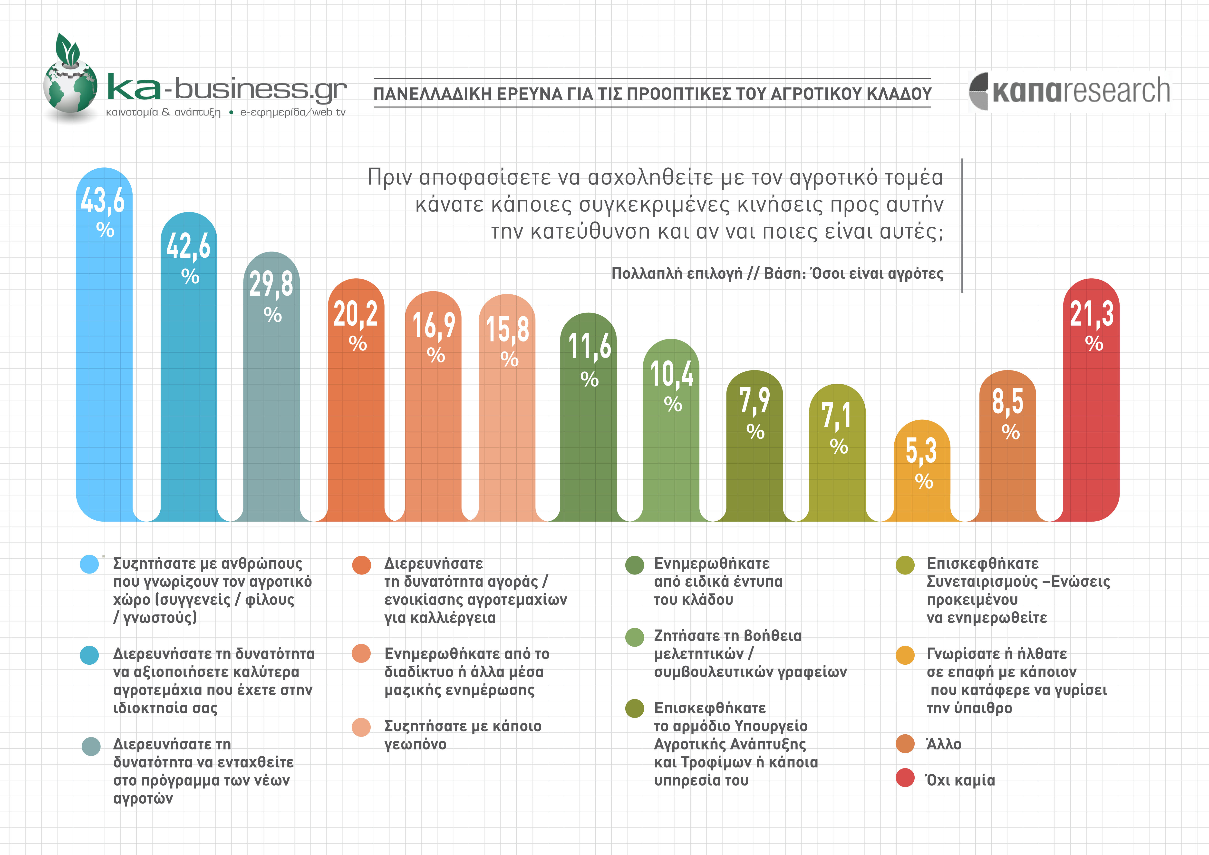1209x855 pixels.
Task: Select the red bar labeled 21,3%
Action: [1091, 421]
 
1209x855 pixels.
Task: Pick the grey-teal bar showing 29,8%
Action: [272, 411]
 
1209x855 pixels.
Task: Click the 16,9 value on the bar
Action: [433, 325]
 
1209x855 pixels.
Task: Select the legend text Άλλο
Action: [944, 744]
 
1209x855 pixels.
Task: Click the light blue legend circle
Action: [89, 564]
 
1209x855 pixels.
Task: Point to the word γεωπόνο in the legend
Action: [415, 744]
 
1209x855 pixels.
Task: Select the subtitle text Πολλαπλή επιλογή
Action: [677, 273]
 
